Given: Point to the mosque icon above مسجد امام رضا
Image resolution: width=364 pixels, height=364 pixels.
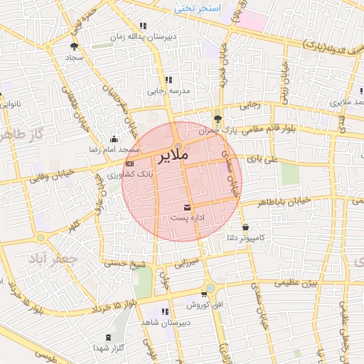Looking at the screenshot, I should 114,139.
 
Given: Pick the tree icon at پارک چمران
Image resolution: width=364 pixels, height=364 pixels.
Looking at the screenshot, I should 218,119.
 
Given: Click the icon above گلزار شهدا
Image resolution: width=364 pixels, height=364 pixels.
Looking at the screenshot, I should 108,337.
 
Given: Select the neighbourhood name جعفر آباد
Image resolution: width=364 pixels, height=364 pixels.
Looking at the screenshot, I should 50,259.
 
